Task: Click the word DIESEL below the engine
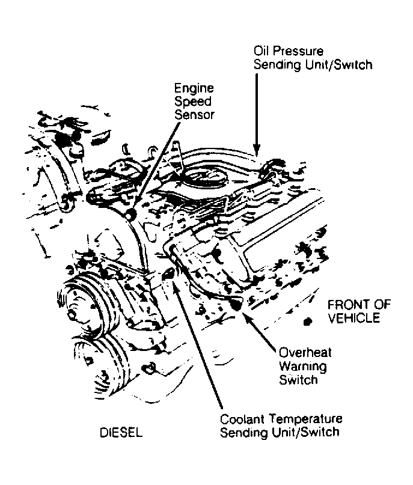pyautogui.click(x=123, y=433)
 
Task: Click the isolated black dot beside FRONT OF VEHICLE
pyautogui.click(x=308, y=321)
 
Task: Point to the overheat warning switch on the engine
pyautogui.click(x=235, y=305)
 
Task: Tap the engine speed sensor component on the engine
pyautogui.click(x=128, y=214)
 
